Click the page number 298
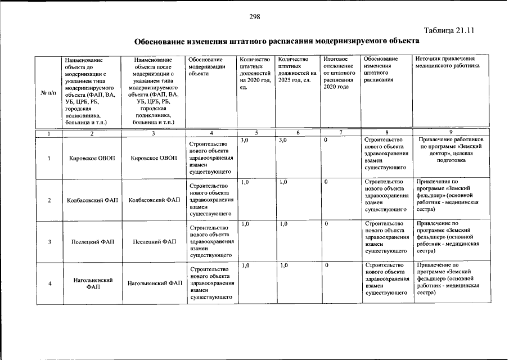tap(254, 17)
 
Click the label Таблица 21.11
tap(450, 31)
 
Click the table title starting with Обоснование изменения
tap(277, 42)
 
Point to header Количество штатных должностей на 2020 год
tap(255, 73)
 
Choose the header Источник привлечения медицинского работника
tap(447, 62)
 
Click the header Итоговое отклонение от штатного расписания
tap(339, 73)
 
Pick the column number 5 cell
tap(256, 133)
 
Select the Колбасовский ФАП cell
tap(92, 200)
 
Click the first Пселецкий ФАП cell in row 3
tap(92, 242)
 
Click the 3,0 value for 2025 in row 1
tap(283, 140)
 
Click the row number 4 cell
tap(50, 283)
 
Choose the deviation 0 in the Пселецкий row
tap(326, 224)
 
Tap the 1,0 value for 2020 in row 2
tap(245, 182)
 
